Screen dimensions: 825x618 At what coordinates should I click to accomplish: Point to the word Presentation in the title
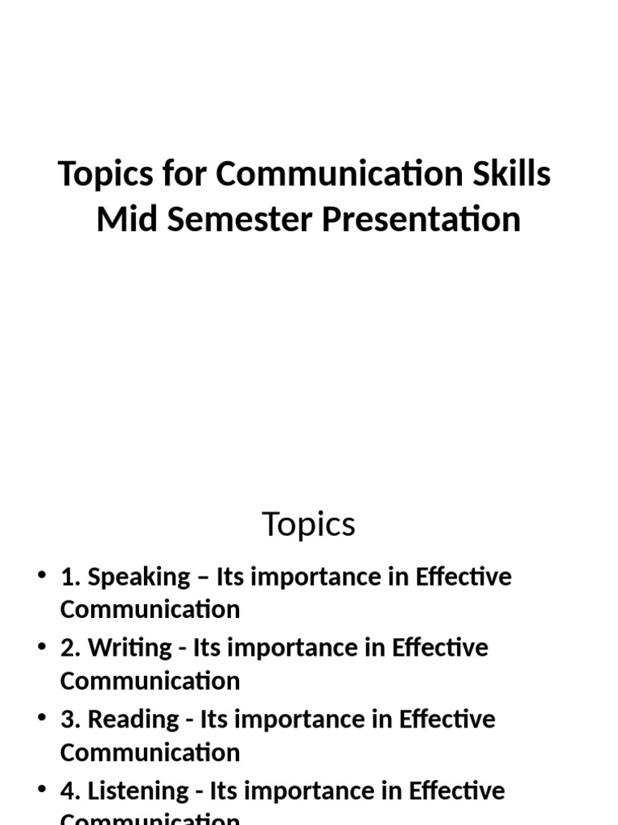coord(422,219)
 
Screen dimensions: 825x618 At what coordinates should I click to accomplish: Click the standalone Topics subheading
coord(309,525)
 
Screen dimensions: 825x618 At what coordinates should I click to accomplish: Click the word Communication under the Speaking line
coord(150,610)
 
